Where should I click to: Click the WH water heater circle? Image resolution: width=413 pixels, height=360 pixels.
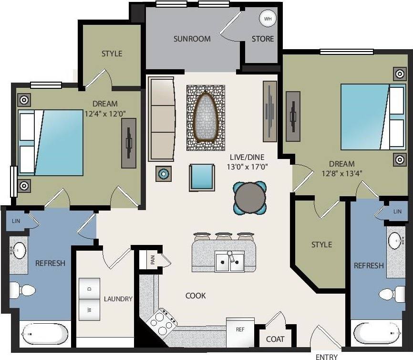coord(267,19)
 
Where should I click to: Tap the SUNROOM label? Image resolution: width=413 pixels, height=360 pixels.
coord(192,39)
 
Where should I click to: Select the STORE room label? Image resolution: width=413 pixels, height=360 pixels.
coord(263,39)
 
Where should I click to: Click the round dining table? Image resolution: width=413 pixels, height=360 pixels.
coord(250,198)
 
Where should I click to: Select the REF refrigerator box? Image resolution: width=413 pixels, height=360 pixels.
coord(240,330)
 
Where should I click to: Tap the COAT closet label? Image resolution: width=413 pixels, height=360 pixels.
coord(275,339)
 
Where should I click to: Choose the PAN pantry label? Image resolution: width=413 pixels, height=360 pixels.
coord(153,260)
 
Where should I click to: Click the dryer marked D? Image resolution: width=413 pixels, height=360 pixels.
coord(89,288)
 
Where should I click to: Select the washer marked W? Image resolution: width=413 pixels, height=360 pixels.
coord(89,310)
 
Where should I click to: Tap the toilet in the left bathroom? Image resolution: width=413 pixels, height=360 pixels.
coord(22,290)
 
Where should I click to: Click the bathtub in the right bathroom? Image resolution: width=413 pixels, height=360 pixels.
coord(377,332)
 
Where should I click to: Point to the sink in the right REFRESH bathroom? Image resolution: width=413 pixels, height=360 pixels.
coord(395,242)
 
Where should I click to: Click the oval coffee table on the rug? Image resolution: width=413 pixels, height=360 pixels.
coord(206,116)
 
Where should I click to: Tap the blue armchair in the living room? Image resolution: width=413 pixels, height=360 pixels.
coord(202,177)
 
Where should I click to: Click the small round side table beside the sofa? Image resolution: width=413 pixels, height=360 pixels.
coord(164,174)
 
